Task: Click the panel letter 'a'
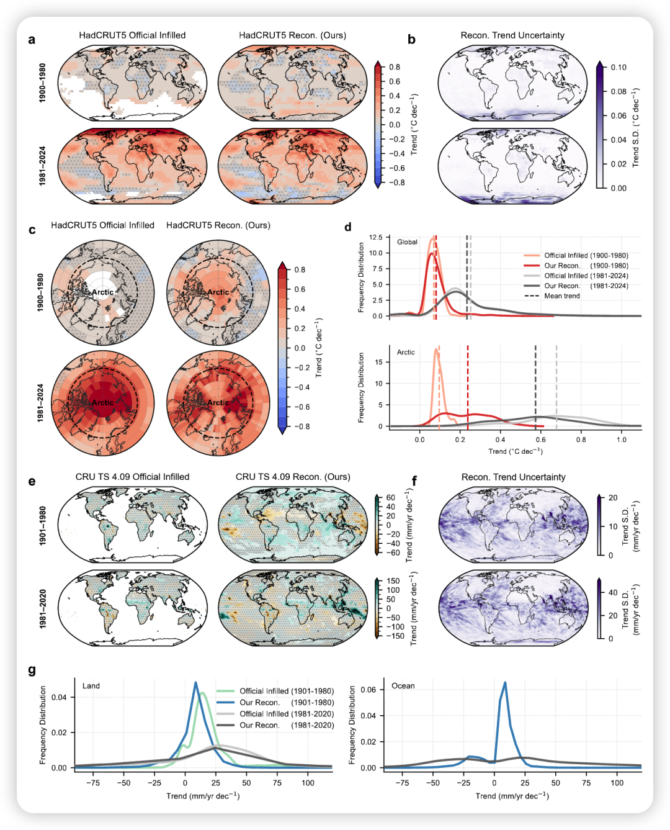[x=32, y=40]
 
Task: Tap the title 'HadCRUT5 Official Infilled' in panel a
[x=132, y=35]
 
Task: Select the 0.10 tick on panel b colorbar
[x=618, y=67]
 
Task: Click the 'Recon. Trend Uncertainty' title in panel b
[x=512, y=35]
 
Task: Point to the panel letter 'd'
[x=347, y=227]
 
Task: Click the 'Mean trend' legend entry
[x=561, y=296]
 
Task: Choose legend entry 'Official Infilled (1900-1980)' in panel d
[x=586, y=255]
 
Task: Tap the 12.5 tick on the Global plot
[x=375, y=238]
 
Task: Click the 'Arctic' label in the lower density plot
[x=406, y=352]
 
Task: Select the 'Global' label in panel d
[x=407, y=242]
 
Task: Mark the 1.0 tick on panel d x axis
[x=621, y=440]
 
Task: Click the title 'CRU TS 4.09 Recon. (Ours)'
[x=293, y=477]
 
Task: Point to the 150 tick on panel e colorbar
[x=393, y=581]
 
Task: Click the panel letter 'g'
[x=32, y=670]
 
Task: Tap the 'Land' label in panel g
[x=91, y=686]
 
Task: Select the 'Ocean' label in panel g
[x=403, y=686]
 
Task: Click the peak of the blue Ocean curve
[x=505, y=682]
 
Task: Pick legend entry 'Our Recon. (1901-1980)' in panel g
[x=287, y=703]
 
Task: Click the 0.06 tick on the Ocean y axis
[x=368, y=690]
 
